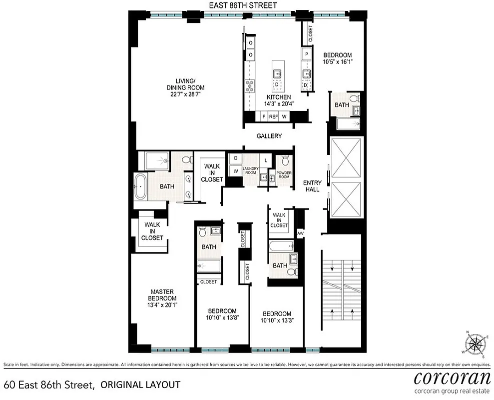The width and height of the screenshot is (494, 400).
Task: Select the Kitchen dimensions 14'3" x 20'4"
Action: (x=279, y=104)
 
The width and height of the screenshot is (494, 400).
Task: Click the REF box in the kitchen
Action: (x=273, y=116)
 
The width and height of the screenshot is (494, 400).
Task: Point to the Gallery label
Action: (x=269, y=136)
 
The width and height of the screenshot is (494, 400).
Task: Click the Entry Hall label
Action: (x=312, y=186)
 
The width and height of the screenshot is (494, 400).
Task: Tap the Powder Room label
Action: (x=284, y=175)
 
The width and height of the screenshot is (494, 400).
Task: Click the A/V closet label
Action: (x=301, y=233)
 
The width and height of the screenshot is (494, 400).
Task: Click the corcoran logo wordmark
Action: (x=452, y=376)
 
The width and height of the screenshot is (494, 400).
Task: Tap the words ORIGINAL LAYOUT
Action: (x=140, y=384)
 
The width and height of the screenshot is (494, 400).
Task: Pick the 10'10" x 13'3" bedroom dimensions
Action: (x=277, y=321)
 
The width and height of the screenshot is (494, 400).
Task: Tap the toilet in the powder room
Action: (x=285, y=161)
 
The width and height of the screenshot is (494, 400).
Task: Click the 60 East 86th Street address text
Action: (x=49, y=384)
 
